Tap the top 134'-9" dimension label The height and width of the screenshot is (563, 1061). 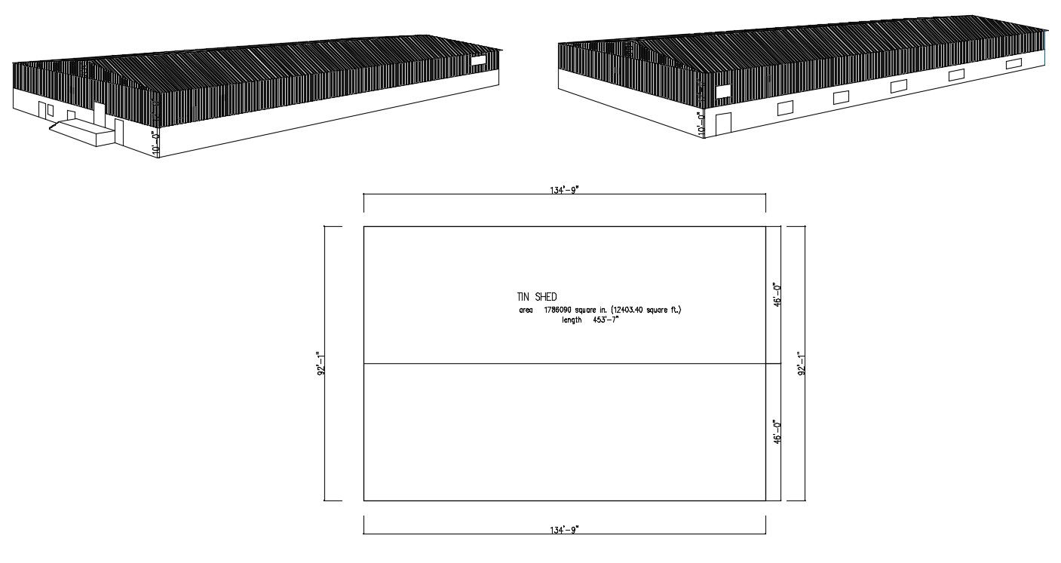(564, 190)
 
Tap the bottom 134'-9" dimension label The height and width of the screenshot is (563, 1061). (564, 529)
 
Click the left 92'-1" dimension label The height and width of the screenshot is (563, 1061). (320, 363)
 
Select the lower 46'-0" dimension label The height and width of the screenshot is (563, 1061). (777, 433)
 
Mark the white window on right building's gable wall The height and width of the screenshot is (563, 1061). (722, 92)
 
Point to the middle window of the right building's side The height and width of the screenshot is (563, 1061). (898, 86)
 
